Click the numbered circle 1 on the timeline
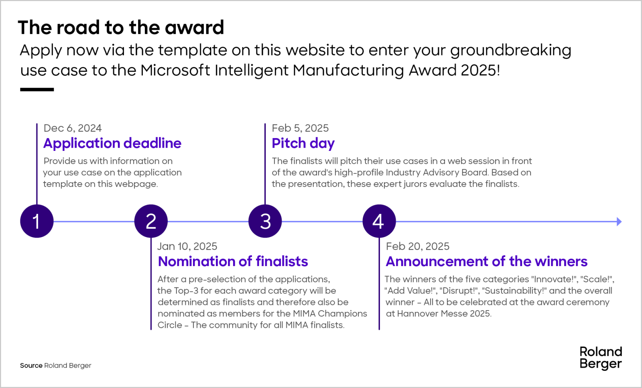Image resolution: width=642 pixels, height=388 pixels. pos(37,221)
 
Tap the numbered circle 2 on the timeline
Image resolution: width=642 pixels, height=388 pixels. pos(151,221)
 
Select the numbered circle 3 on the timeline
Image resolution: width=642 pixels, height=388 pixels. pos(265,221)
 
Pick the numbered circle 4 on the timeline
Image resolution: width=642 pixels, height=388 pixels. pos(379,221)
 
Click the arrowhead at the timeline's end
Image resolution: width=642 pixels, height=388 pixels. pos(619,221)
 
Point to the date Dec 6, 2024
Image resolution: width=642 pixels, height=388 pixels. pos(73,128)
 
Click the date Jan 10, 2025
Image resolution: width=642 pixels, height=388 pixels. pos(187,246)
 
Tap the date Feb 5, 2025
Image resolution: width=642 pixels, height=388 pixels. pos(300,128)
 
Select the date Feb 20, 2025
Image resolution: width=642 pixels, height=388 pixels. pos(418,246)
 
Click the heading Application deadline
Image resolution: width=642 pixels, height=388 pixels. pos(112,143)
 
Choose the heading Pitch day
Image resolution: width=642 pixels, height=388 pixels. pos(303,143)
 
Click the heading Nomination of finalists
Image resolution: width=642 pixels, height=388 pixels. pos(233,261)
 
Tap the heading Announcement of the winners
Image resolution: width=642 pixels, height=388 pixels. pos(486,261)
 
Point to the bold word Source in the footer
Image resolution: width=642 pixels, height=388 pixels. pos(31,366)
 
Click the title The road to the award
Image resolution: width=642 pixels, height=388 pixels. pos(121,28)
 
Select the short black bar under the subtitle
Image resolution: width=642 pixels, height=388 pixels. pos(37,89)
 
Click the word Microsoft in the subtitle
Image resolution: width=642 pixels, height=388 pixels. pos(175,70)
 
